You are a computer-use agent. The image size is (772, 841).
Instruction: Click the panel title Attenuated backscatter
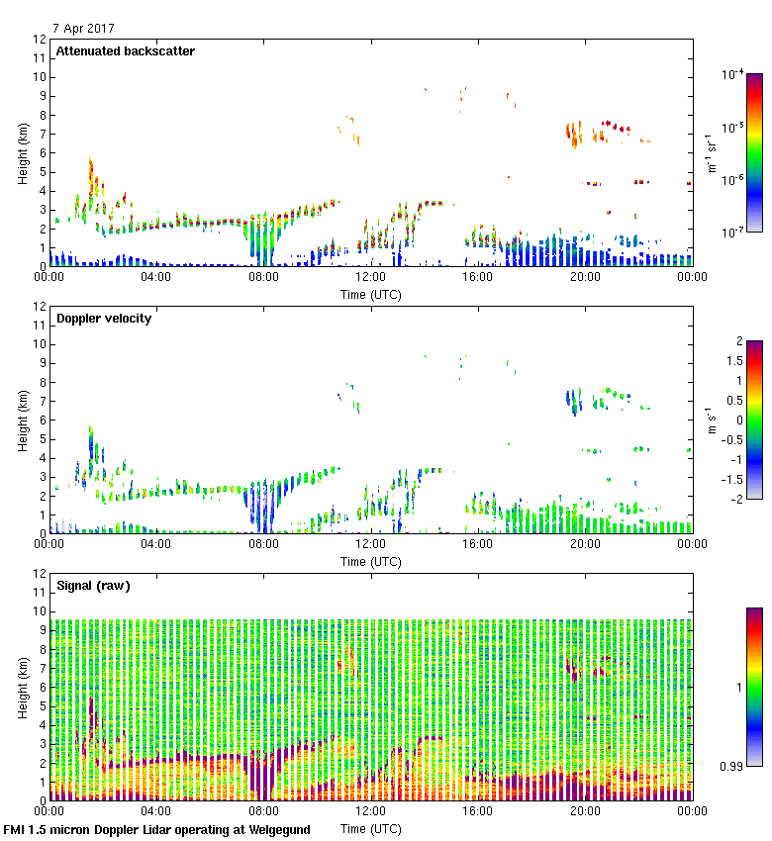click(126, 50)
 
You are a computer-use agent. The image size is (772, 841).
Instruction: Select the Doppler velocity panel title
click(104, 318)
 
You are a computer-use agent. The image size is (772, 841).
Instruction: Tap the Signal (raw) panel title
click(94, 585)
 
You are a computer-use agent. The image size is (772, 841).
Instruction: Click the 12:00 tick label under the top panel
click(371, 278)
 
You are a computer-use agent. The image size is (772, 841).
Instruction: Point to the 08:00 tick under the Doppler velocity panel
click(263, 545)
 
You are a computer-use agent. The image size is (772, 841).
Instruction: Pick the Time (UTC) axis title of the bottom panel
click(371, 828)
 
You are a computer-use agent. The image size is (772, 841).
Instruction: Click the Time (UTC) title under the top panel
click(371, 294)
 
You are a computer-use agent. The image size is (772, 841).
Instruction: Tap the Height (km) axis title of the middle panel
click(22, 420)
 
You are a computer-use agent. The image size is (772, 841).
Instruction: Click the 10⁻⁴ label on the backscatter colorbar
click(733, 74)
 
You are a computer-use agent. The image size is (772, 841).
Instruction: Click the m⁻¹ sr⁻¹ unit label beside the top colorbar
click(712, 153)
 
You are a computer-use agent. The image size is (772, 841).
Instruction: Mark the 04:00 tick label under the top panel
click(156, 278)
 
